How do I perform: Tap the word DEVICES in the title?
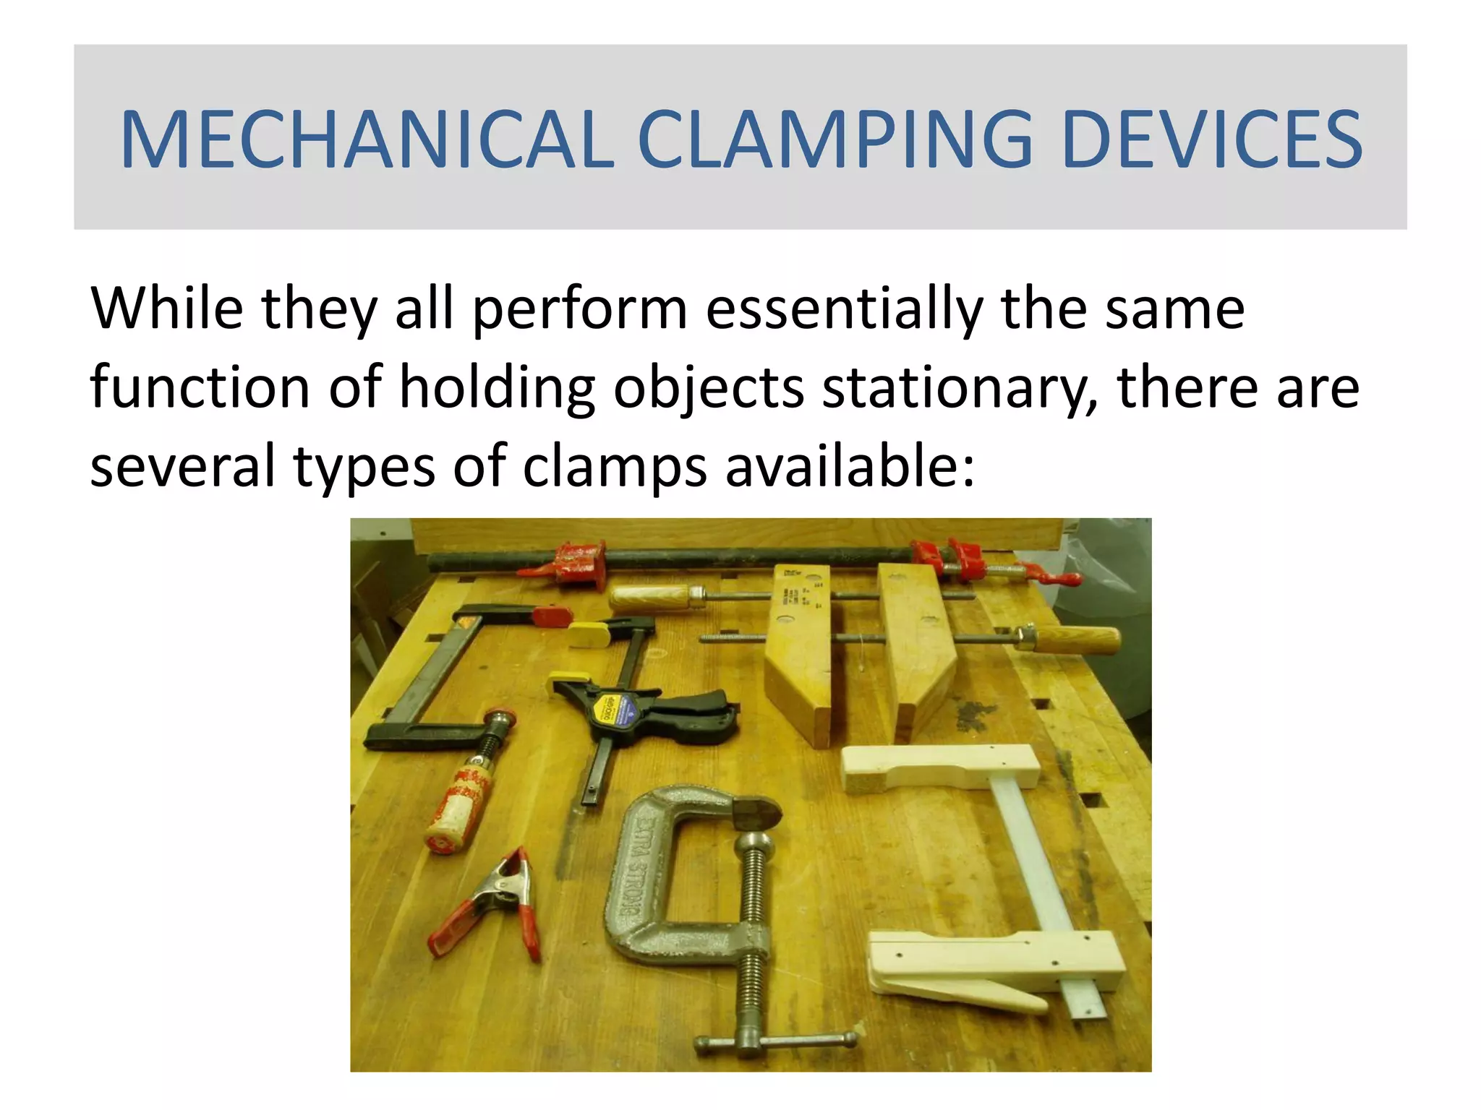1212,139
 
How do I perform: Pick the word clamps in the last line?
615,467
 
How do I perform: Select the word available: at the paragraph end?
850,467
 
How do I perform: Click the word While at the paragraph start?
167,309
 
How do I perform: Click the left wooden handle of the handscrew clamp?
650,598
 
